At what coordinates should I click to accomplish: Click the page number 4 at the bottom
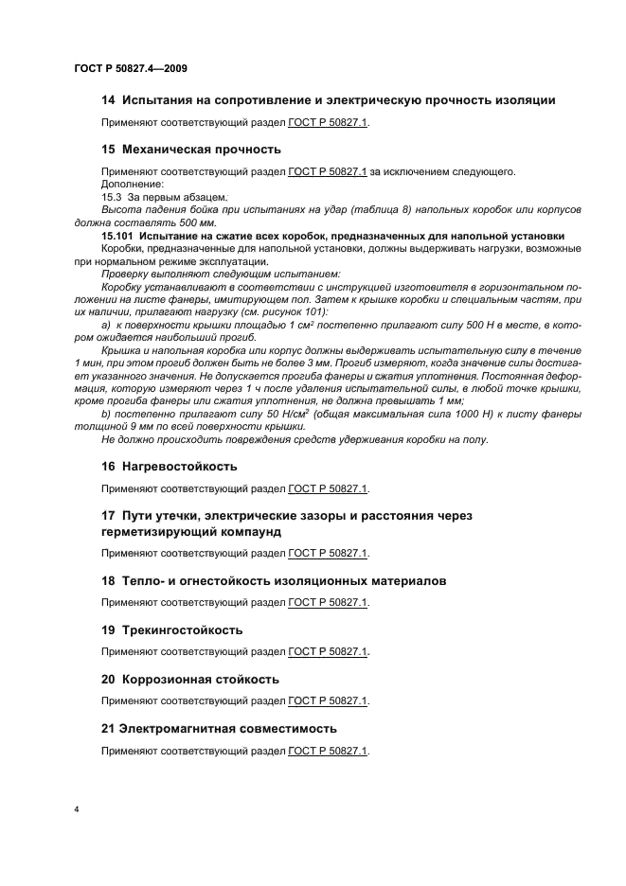(x=75, y=810)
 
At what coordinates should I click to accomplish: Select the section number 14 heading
(x=108, y=100)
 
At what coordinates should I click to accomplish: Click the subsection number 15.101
(x=119, y=235)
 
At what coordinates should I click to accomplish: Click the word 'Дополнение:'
(x=132, y=183)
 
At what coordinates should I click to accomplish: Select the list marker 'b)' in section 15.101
(x=105, y=414)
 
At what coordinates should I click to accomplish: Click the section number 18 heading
(x=108, y=580)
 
